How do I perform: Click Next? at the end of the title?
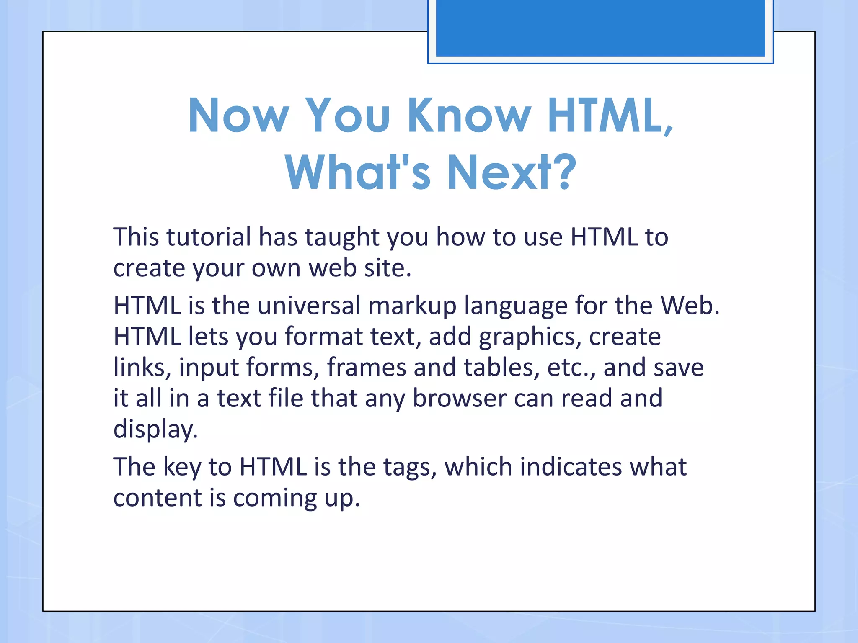512,172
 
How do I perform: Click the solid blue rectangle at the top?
600,28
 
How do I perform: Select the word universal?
309,306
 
